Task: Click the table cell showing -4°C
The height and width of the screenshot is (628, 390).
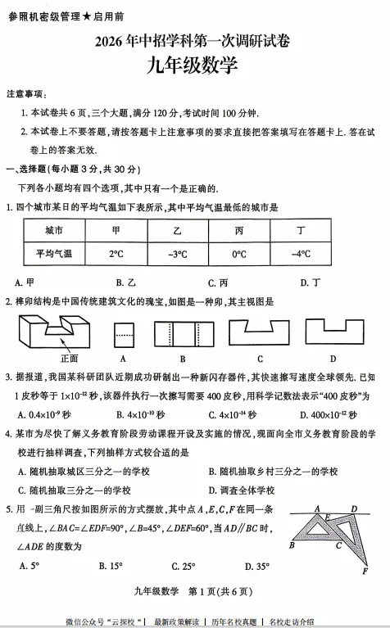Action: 302,254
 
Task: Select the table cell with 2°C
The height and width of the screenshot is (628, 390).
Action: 116,254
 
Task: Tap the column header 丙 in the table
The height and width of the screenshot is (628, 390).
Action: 238,231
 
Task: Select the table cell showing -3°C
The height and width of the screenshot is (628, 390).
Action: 178,254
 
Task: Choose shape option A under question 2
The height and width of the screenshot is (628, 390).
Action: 123,332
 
